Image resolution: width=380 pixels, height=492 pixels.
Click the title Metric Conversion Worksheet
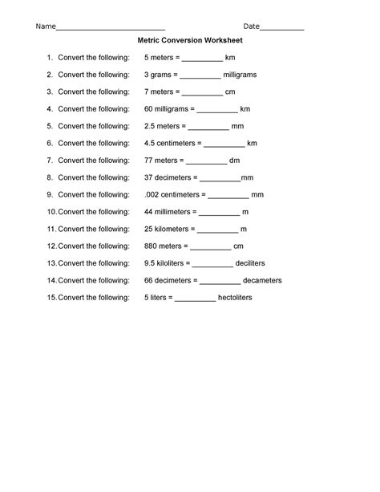(x=190, y=39)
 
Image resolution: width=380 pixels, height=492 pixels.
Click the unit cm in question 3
(x=230, y=91)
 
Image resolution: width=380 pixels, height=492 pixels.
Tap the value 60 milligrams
(x=168, y=108)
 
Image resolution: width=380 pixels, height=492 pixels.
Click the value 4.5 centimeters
(x=172, y=143)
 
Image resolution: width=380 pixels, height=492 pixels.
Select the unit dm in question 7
(x=234, y=160)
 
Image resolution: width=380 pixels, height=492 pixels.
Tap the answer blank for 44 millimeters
(x=219, y=213)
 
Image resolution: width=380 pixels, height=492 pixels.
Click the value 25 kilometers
(x=169, y=229)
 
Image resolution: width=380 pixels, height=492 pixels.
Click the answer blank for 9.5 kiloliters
(x=212, y=265)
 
